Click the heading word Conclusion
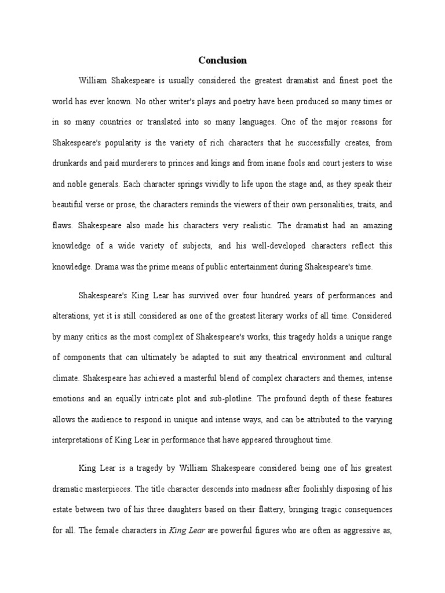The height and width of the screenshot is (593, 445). click(x=222, y=60)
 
